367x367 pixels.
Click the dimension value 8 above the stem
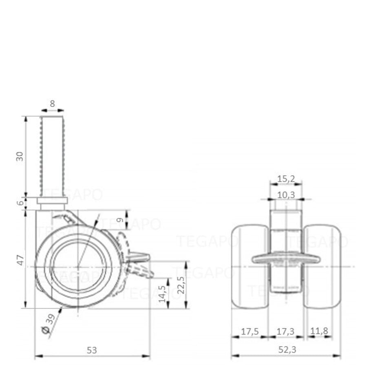pos(52,104)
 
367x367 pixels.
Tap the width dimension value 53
pos(92,350)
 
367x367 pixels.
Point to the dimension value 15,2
pos(286,178)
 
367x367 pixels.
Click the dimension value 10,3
pos(286,195)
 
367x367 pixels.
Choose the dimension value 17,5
pos(250,331)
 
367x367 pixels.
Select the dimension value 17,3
pos(285,331)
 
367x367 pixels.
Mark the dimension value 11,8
pos(319,331)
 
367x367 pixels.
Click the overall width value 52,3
pos(285,350)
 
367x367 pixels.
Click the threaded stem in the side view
pos(52,155)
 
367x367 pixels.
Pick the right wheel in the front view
pos(322,267)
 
